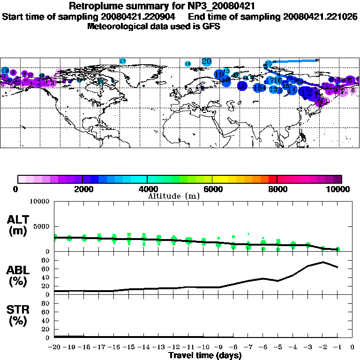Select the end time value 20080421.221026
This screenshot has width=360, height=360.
tap(320, 16)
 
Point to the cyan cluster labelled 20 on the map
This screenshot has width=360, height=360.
tap(206, 61)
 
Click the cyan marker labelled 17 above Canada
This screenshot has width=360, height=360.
tap(123, 61)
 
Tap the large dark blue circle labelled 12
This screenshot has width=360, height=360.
tap(307, 92)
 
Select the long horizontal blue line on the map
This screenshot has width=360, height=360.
tap(295, 60)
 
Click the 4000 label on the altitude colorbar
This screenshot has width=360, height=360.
tap(147, 189)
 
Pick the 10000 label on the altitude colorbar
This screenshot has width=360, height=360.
tap(337, 189)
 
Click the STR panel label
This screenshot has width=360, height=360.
tap(18, 315)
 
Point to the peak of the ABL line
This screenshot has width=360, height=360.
tap(323, 262)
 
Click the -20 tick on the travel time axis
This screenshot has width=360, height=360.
tap(55, 347)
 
